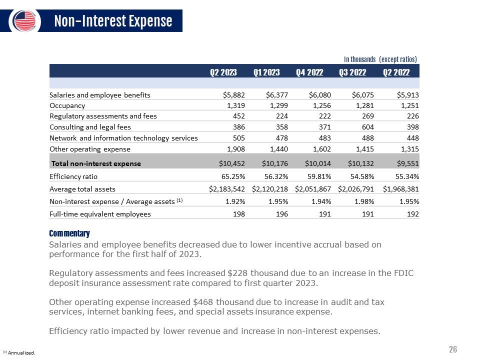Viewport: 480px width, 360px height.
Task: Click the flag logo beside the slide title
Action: tap(25, 21)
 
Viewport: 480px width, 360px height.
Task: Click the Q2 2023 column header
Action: tap(223, 72)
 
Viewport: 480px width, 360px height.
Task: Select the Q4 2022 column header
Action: tap(309, 72)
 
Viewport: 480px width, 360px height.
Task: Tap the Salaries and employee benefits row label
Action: tap(100, 95)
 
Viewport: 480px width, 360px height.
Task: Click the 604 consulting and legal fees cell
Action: tap(368, 127)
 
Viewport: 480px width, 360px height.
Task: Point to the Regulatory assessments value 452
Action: tap(239, 116)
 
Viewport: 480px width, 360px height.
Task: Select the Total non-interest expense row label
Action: tap(96, 163)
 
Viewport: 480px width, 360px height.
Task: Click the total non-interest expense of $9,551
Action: tap(408, 163)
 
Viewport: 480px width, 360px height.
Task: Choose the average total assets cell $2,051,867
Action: tap(313, 189)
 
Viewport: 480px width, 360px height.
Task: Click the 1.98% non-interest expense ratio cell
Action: tap(364, 201)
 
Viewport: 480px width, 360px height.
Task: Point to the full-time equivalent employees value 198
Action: tap(239, 214)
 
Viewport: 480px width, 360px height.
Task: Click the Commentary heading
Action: tap(69, 233)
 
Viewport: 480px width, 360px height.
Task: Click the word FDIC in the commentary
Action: tap(403, 273)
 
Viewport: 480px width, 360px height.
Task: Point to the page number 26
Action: tap(453, 349)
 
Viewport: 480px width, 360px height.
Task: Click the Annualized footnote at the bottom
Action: tap(19, 352)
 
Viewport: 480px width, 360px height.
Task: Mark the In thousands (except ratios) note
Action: tap(380, 59)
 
